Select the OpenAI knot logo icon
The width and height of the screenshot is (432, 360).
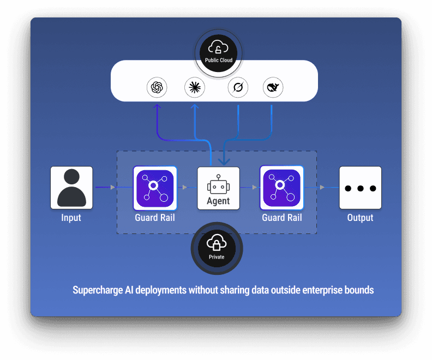click(x=157, y=87)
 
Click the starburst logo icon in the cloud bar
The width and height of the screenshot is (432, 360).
click(x=195, y=87)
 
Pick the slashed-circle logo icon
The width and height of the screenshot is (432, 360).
click(x=238, y=87)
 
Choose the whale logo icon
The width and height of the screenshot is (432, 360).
click(x=273, y=87)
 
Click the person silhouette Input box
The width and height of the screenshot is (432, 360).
click(x=71, y=188)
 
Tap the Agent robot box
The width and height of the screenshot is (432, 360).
click(x=218, y=188)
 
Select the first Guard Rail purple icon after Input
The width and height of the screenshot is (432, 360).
click(x=155, y=188)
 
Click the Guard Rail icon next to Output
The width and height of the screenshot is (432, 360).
click(x=281, y=188)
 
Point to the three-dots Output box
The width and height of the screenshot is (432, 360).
click(x=360, y=188)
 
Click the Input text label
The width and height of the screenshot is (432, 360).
click(x=71, y=218)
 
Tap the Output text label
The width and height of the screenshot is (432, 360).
click(x=360, y=218)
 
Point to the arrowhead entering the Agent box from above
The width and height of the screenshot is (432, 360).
click(x=223, y=161)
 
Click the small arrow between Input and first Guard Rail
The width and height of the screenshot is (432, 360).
click(x=113, y=188)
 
